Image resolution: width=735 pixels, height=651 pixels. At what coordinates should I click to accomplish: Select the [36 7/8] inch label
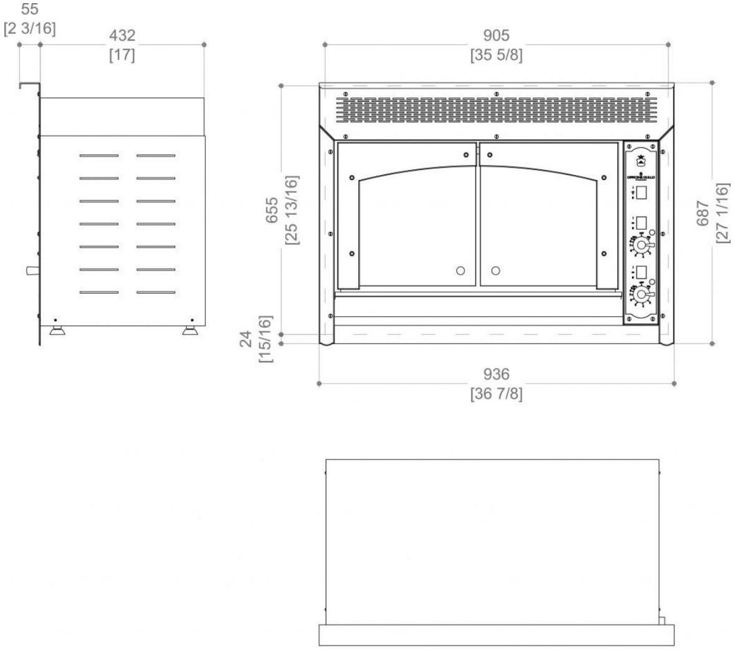coord(496,395)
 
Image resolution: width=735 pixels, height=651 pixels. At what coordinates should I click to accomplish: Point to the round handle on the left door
coord(460,271)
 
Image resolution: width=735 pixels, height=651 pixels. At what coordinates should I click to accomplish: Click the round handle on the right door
coord(495,271)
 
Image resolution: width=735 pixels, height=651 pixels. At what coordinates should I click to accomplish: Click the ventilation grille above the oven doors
coord(496,110)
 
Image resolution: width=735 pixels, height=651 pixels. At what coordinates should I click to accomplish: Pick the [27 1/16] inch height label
coord(722,214)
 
